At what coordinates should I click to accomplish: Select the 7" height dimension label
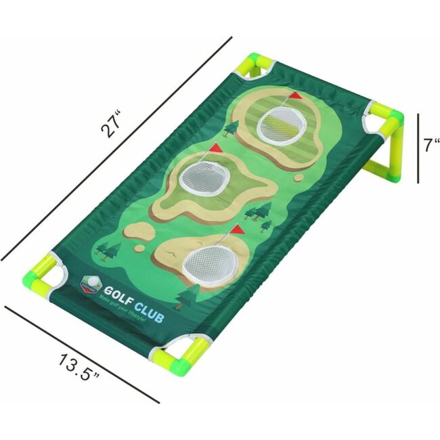click(433, 145)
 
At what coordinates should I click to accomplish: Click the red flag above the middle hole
click(216, 148)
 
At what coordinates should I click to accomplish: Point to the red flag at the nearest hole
click(236, 229)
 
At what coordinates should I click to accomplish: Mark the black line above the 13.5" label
click(81, 353)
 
